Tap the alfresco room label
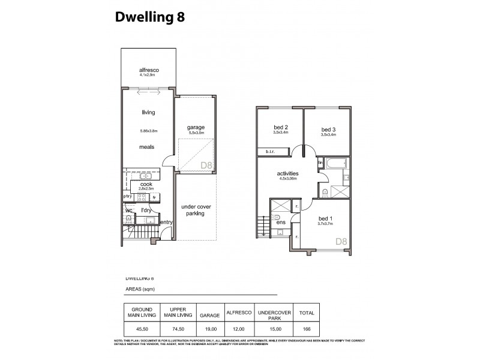pos(147,70)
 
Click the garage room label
pos(196,127)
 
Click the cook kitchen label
pos(147,185)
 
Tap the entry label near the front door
pos(166,223)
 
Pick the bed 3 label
pos(328,130)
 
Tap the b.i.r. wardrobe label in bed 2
pos(271,152)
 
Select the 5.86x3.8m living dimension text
pos(148,131)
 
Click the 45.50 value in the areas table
pos(133,329)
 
